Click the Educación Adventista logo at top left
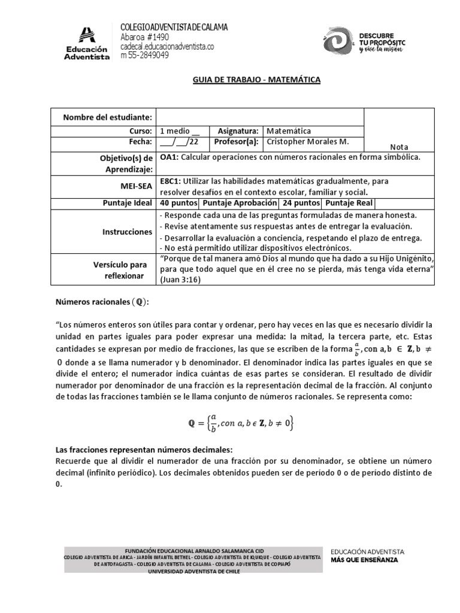point(87,43)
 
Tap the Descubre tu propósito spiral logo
point(339,43)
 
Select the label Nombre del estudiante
point(108,117)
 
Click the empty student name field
point(260,117)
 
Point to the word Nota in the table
point(398,147)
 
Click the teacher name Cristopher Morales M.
point(306,142)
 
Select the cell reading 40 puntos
point(174,204)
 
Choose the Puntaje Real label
point(349,204)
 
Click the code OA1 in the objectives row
point(169,157)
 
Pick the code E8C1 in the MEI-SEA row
point(171,180)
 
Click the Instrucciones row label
point(127,231)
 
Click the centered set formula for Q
point(240,424)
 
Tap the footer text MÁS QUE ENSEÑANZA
point(364,560)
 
